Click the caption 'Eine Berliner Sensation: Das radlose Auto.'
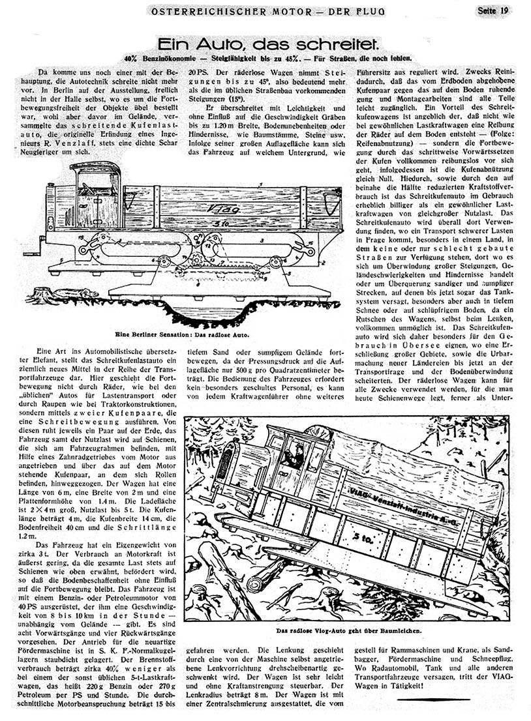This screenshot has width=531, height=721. click(x=182, y=334)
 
